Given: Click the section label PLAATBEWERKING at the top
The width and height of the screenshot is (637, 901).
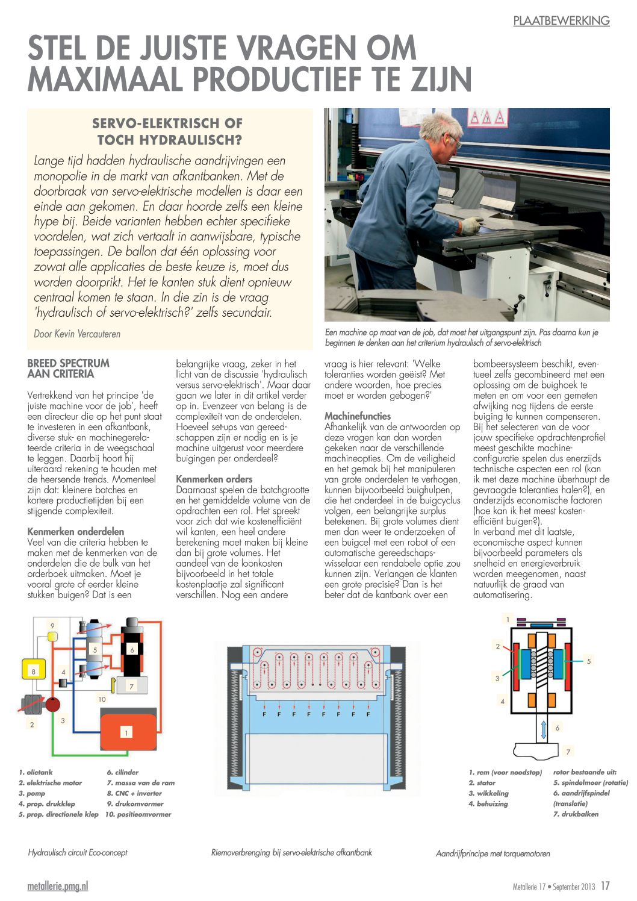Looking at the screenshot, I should [561, 20].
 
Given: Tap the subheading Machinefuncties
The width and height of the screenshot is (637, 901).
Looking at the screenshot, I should [358, 416].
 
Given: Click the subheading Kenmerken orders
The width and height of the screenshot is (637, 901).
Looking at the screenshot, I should [214, 479].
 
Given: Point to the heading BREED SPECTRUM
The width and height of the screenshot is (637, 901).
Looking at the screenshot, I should [69, 363].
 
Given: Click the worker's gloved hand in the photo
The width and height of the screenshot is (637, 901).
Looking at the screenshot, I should [471, 226].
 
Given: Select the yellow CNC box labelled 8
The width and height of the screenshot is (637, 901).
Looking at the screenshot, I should [34, 670].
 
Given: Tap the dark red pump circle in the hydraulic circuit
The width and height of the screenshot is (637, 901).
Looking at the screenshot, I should [53, 703].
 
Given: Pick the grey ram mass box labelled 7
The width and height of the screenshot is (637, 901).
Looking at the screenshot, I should [131, 685].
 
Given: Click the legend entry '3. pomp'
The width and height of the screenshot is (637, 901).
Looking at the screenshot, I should [31, 793].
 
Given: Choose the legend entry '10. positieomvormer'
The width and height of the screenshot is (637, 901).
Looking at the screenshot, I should [138, 814].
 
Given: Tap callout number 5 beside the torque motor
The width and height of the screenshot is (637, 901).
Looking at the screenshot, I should [588, 661].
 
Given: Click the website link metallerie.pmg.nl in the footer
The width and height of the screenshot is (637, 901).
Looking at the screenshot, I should [58, 886].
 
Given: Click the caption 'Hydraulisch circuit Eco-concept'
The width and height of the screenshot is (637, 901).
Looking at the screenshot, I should [78, 853].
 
